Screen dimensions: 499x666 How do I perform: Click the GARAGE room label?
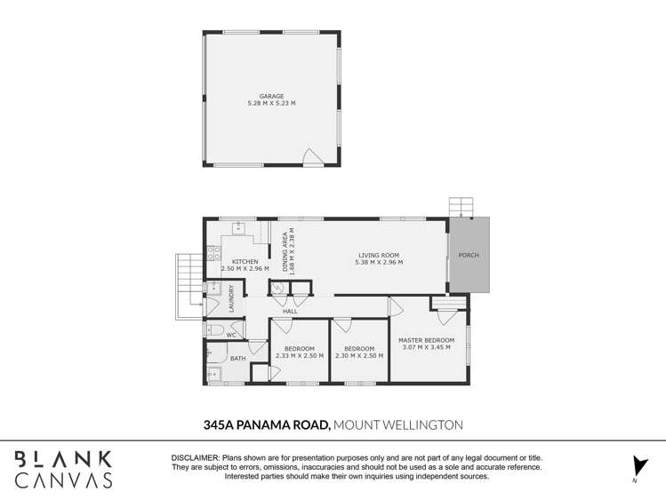click(x=271, y=96)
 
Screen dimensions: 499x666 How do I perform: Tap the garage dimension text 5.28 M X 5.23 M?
click(x=271, y=104)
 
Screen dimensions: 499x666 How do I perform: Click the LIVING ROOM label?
click(x=378, y=255)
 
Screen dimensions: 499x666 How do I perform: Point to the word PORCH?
click(x=468, y=256)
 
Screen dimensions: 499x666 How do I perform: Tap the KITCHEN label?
click(x=245, y=261)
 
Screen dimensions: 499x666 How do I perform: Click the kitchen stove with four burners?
click(x=213, y=252)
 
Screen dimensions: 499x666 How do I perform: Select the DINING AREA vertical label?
click(x=285, y=251)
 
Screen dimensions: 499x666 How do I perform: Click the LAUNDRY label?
click(x=232, y=297)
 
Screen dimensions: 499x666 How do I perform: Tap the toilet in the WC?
click(x=214, y=329)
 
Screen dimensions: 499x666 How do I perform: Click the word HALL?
click(x=290, y=312)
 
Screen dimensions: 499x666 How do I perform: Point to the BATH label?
click(x=237, y=359)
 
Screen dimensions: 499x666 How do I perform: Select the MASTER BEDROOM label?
click(x=426, y=340)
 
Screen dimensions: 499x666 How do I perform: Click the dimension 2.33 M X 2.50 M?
click(x=299, y=355)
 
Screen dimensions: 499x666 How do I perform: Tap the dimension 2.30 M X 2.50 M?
click(x=359, y=355)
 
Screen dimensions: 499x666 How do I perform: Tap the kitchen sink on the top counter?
click(x=238, y=226)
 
